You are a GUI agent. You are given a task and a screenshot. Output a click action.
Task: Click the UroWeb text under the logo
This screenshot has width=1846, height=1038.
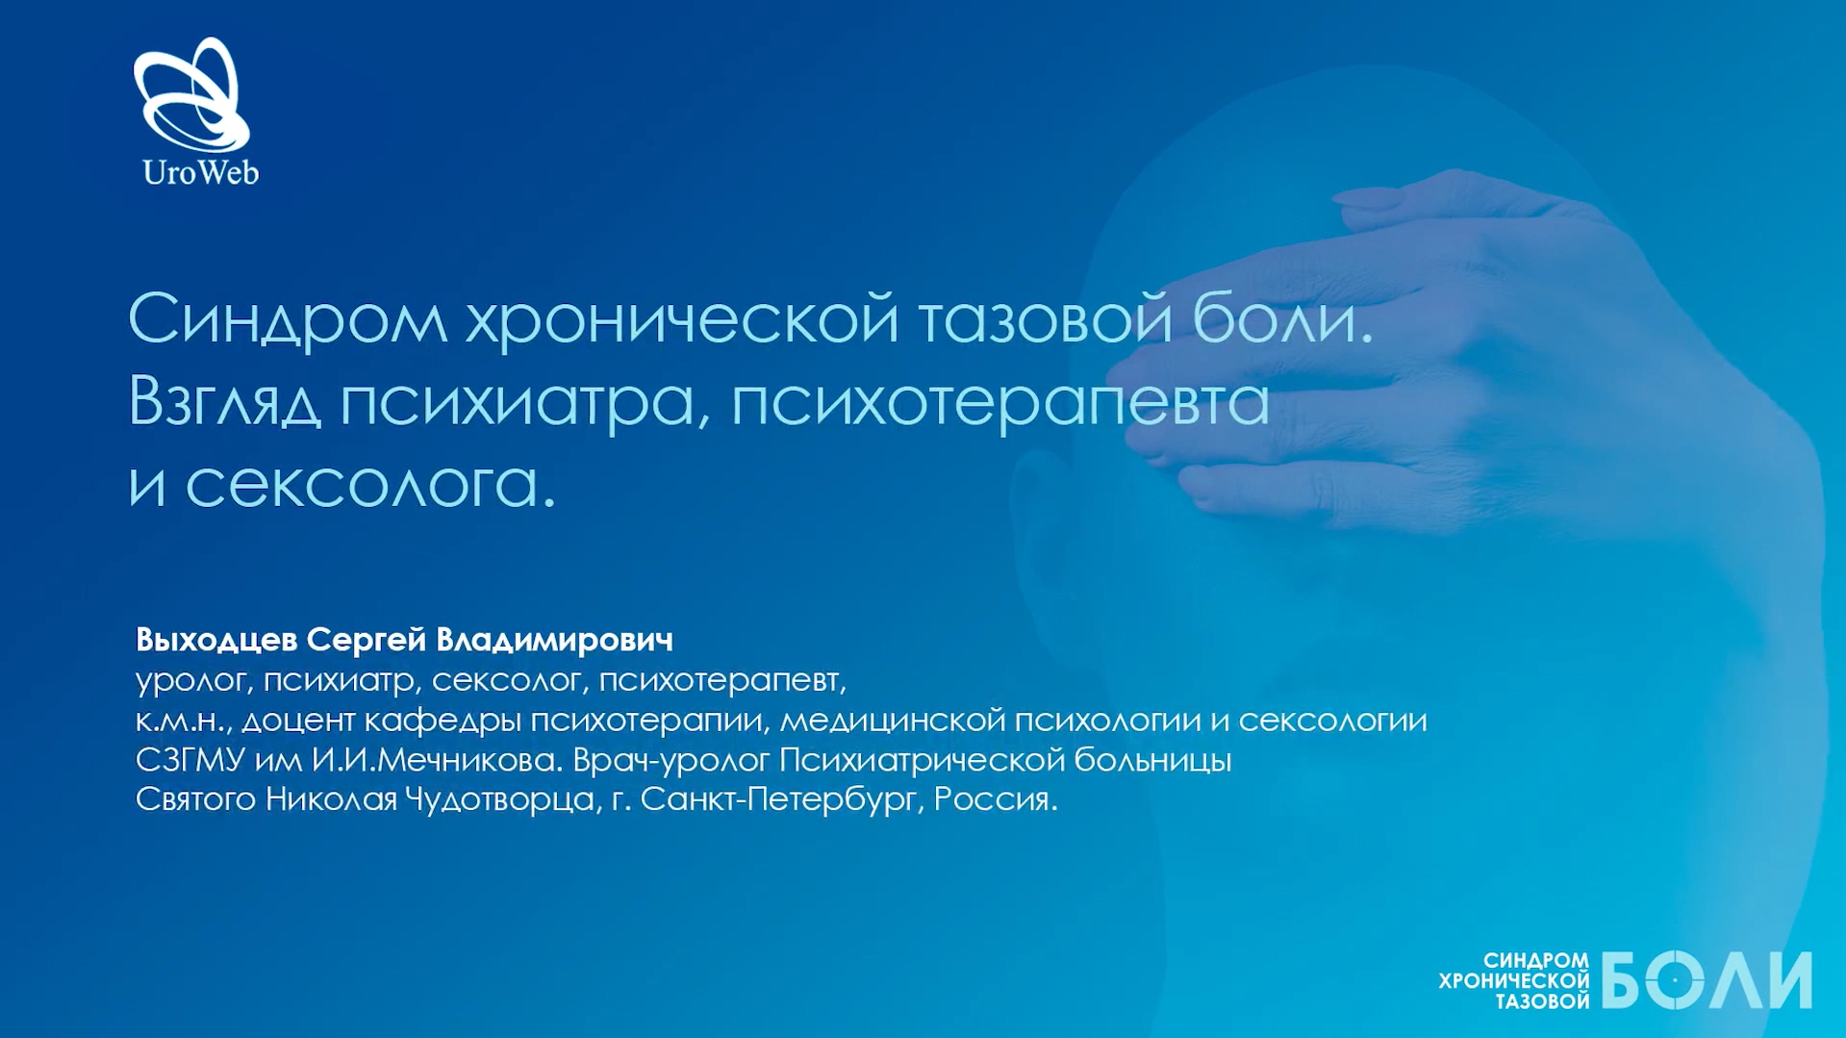(x=200, y=172)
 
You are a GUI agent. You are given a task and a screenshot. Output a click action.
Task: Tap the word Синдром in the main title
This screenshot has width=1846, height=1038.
(x=288, y=320)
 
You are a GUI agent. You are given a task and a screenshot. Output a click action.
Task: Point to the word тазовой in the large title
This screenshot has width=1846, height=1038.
(x=1046, y=318)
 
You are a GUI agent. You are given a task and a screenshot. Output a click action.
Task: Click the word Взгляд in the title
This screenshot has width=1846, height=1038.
(x=224, y=402)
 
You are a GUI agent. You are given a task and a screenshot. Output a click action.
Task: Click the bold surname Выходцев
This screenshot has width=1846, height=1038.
(x=216, y=640)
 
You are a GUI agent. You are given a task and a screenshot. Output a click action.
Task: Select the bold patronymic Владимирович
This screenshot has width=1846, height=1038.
(x=554, y=640)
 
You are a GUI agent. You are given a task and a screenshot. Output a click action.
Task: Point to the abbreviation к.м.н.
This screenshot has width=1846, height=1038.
(x=184, y=721)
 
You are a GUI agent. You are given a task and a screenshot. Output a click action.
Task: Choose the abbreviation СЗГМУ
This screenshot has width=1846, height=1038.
(x=190, y=760)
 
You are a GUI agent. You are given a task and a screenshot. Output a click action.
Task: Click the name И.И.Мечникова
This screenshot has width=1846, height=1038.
(x=437, y=760)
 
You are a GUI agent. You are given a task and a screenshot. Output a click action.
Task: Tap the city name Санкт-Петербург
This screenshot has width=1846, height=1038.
(x=777, y=799)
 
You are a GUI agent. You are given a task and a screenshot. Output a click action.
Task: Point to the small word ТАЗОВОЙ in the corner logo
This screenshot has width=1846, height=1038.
(x=1542, y=1002)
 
